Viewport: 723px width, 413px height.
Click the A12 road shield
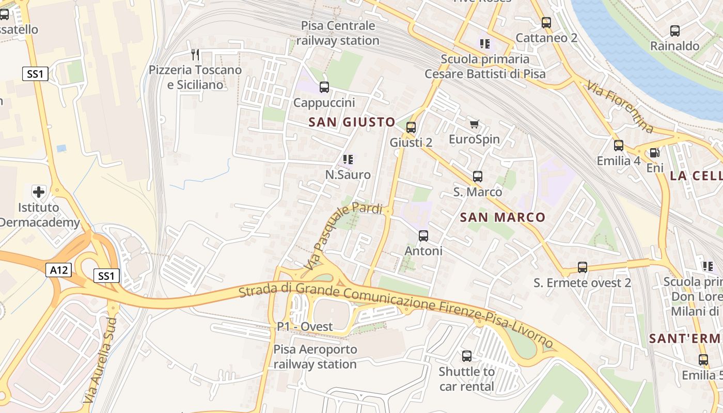coord(58,270)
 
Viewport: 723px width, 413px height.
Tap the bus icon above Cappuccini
coord(324,87)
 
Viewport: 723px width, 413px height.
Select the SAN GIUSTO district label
coord(352,122)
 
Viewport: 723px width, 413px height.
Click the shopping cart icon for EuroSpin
coord(474,124)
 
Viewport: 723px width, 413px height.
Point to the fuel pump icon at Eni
coord(654,153)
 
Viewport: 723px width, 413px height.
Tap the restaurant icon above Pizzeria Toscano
coord(195,54)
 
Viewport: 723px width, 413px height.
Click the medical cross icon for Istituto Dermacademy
coord(39,193)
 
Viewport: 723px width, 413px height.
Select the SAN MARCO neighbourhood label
coord(502,217)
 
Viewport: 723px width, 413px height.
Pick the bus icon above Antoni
coord(423,236)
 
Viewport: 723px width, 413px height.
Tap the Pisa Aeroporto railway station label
coord(315,357)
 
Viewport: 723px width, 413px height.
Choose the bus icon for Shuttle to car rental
coord(467,356)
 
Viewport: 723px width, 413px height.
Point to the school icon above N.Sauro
coord(348,160)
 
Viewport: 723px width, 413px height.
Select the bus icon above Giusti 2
coord(411,127)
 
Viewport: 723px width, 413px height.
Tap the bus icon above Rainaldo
coord(674,31)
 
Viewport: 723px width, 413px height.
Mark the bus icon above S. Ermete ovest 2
coord(583,267)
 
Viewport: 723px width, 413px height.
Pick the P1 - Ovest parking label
coord(305,326)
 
